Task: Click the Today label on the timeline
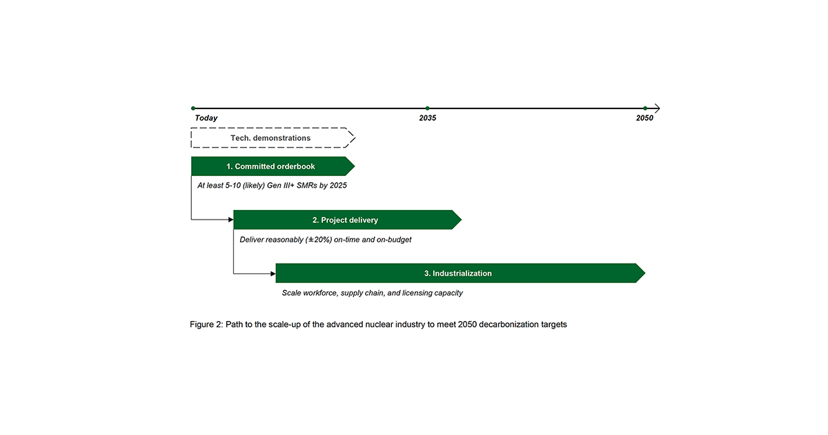[206, 118]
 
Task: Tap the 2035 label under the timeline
[427, 118]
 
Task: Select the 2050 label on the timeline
[644, 118]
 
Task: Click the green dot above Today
[193, 108]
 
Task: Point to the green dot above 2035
[427, 108]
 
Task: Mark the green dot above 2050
[645, 108]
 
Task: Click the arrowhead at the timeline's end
[657, 108]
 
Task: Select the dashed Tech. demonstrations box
[273, 138]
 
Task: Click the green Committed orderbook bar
[273, 166]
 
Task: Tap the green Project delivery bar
[348, 220]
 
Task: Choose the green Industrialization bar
[460, 273]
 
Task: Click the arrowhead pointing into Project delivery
[230, 220]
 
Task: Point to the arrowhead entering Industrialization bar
[273, 273]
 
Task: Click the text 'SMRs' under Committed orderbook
[306, 185]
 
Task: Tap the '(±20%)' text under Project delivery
[318, 240]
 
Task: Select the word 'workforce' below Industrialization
[319, 293]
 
